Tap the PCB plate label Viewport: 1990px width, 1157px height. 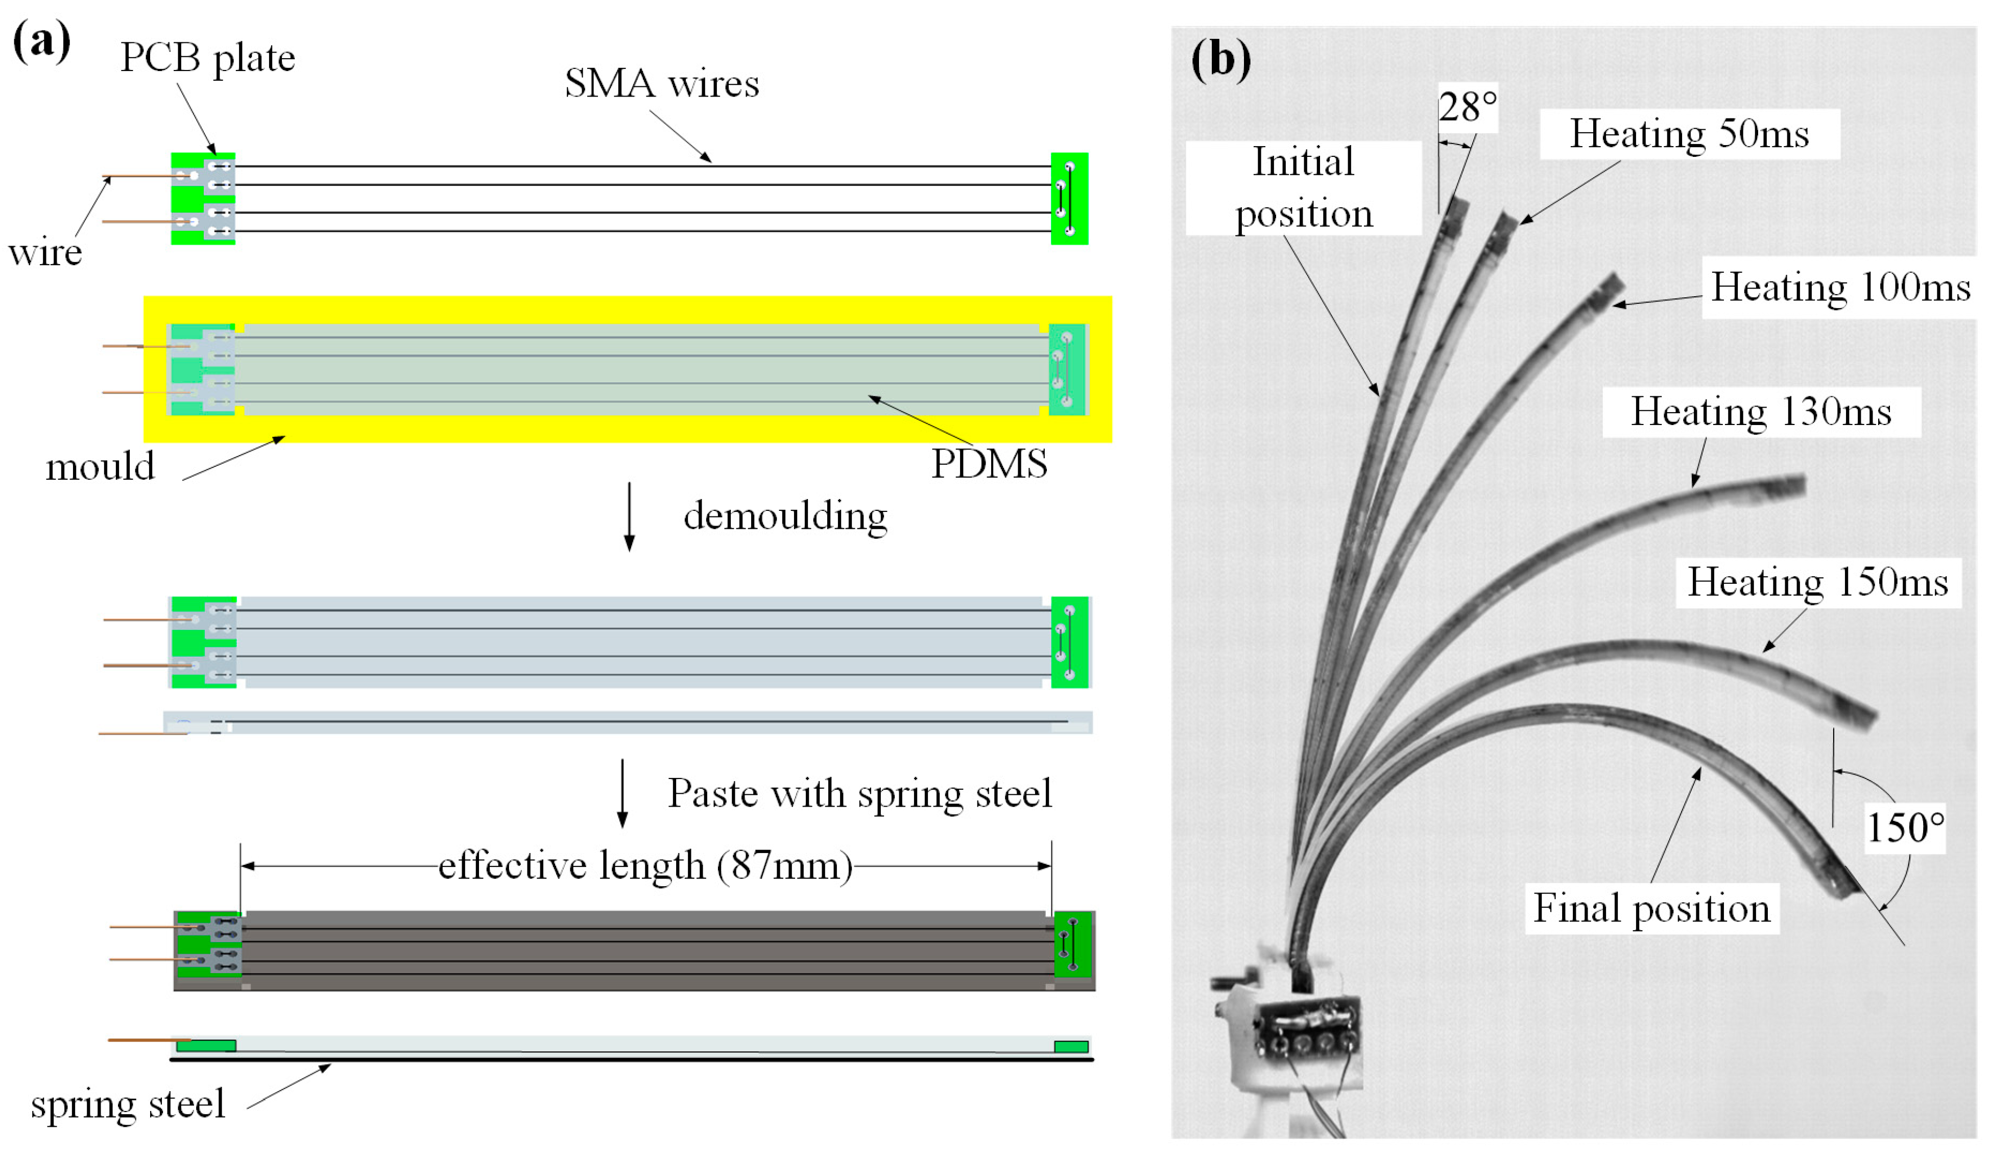(x=208, y=58)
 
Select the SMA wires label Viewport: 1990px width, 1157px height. (x=662, y=84)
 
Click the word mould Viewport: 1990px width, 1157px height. (x=100, y=467)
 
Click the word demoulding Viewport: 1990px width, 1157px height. (x=785, y=516)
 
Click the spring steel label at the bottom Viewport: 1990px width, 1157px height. (x=128, y=1104)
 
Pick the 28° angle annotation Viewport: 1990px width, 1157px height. (x=1467, y=107)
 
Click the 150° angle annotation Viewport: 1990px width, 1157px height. (x=1905, y=828)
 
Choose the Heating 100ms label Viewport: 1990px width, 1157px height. (x=1840, y=288)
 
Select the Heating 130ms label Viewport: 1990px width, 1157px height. (x=1761, y=412)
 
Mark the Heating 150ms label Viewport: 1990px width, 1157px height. (x=1818, y=583)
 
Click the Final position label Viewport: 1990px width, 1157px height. (x=1651, y=908)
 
